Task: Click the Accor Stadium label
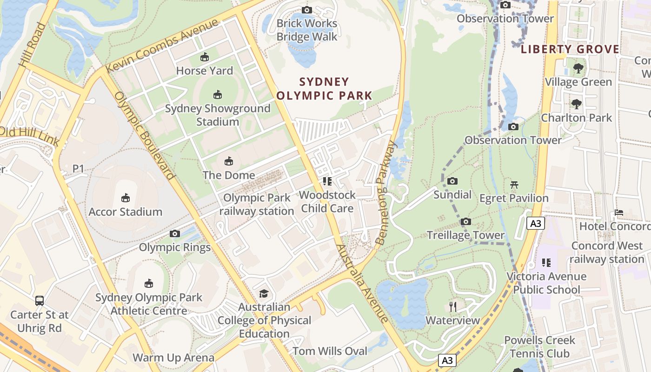pyautogui.click(x=126, y=212)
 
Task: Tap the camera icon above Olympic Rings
pyautogui.click(x=175, y=233)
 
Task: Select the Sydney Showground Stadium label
pyautogui.click(x=218, y=115)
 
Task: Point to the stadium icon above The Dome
pyautogui.click(x=229, y=161)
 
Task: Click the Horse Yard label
pyautogui.click(x=205, y=71)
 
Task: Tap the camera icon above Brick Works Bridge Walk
pyautogui.click(x=307, y=10)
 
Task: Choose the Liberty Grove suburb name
pyautogui.click(x=570, y=49)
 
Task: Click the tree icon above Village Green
pyautogui.click(x=578, y=68)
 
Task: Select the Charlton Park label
pyautogui.click(x=577, y=118)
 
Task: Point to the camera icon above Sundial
pyautogui.click(x=452, y=181)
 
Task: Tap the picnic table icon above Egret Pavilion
pyautogui.click(x=514, y=185)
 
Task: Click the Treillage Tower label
pyautogui.click(x=465, y=235)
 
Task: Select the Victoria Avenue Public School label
pyautogui.click(x=546, y=283)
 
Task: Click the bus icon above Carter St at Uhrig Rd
pyautogui.click(x=40, y=301)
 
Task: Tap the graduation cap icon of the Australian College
pyautogui.click(x=264, y=293)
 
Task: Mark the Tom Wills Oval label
pyautogui.click(x=330, y=351)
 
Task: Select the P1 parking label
pyautogui.click(x=78, y=168)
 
